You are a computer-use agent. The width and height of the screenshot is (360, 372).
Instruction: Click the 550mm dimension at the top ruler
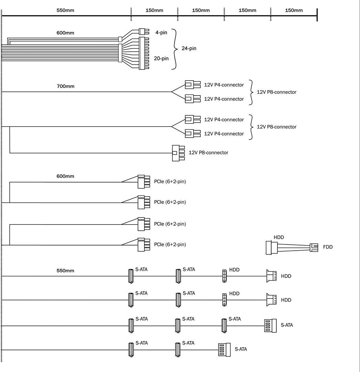(65, 10)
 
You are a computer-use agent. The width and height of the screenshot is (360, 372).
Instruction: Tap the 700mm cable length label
(65, 86)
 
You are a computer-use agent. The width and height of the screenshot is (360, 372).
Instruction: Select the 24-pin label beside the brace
(189, 48)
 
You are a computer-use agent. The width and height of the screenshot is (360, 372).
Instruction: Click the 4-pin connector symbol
(144, 32)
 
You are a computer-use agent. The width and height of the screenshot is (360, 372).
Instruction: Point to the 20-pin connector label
(161, 58)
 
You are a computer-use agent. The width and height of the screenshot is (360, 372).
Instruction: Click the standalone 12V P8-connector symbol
(178, 153)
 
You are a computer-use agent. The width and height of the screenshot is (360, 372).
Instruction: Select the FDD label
(328, 247)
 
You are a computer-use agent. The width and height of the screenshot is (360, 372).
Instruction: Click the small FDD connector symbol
(314, 247)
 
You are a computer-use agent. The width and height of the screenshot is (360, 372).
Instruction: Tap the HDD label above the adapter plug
(279, 237)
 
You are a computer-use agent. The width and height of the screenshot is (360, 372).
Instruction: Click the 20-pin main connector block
(144, 53)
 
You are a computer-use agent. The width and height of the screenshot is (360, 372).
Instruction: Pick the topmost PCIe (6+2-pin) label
(170, 182)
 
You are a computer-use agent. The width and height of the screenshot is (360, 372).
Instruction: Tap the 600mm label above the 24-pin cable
(65, 33)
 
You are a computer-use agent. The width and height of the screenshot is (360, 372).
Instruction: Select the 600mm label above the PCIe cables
(65, 176)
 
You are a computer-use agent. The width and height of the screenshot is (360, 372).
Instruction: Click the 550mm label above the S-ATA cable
(65, 271)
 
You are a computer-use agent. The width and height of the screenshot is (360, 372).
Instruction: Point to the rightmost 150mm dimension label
(294, 10)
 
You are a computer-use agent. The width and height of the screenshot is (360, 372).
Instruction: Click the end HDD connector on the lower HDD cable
(271, 300)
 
